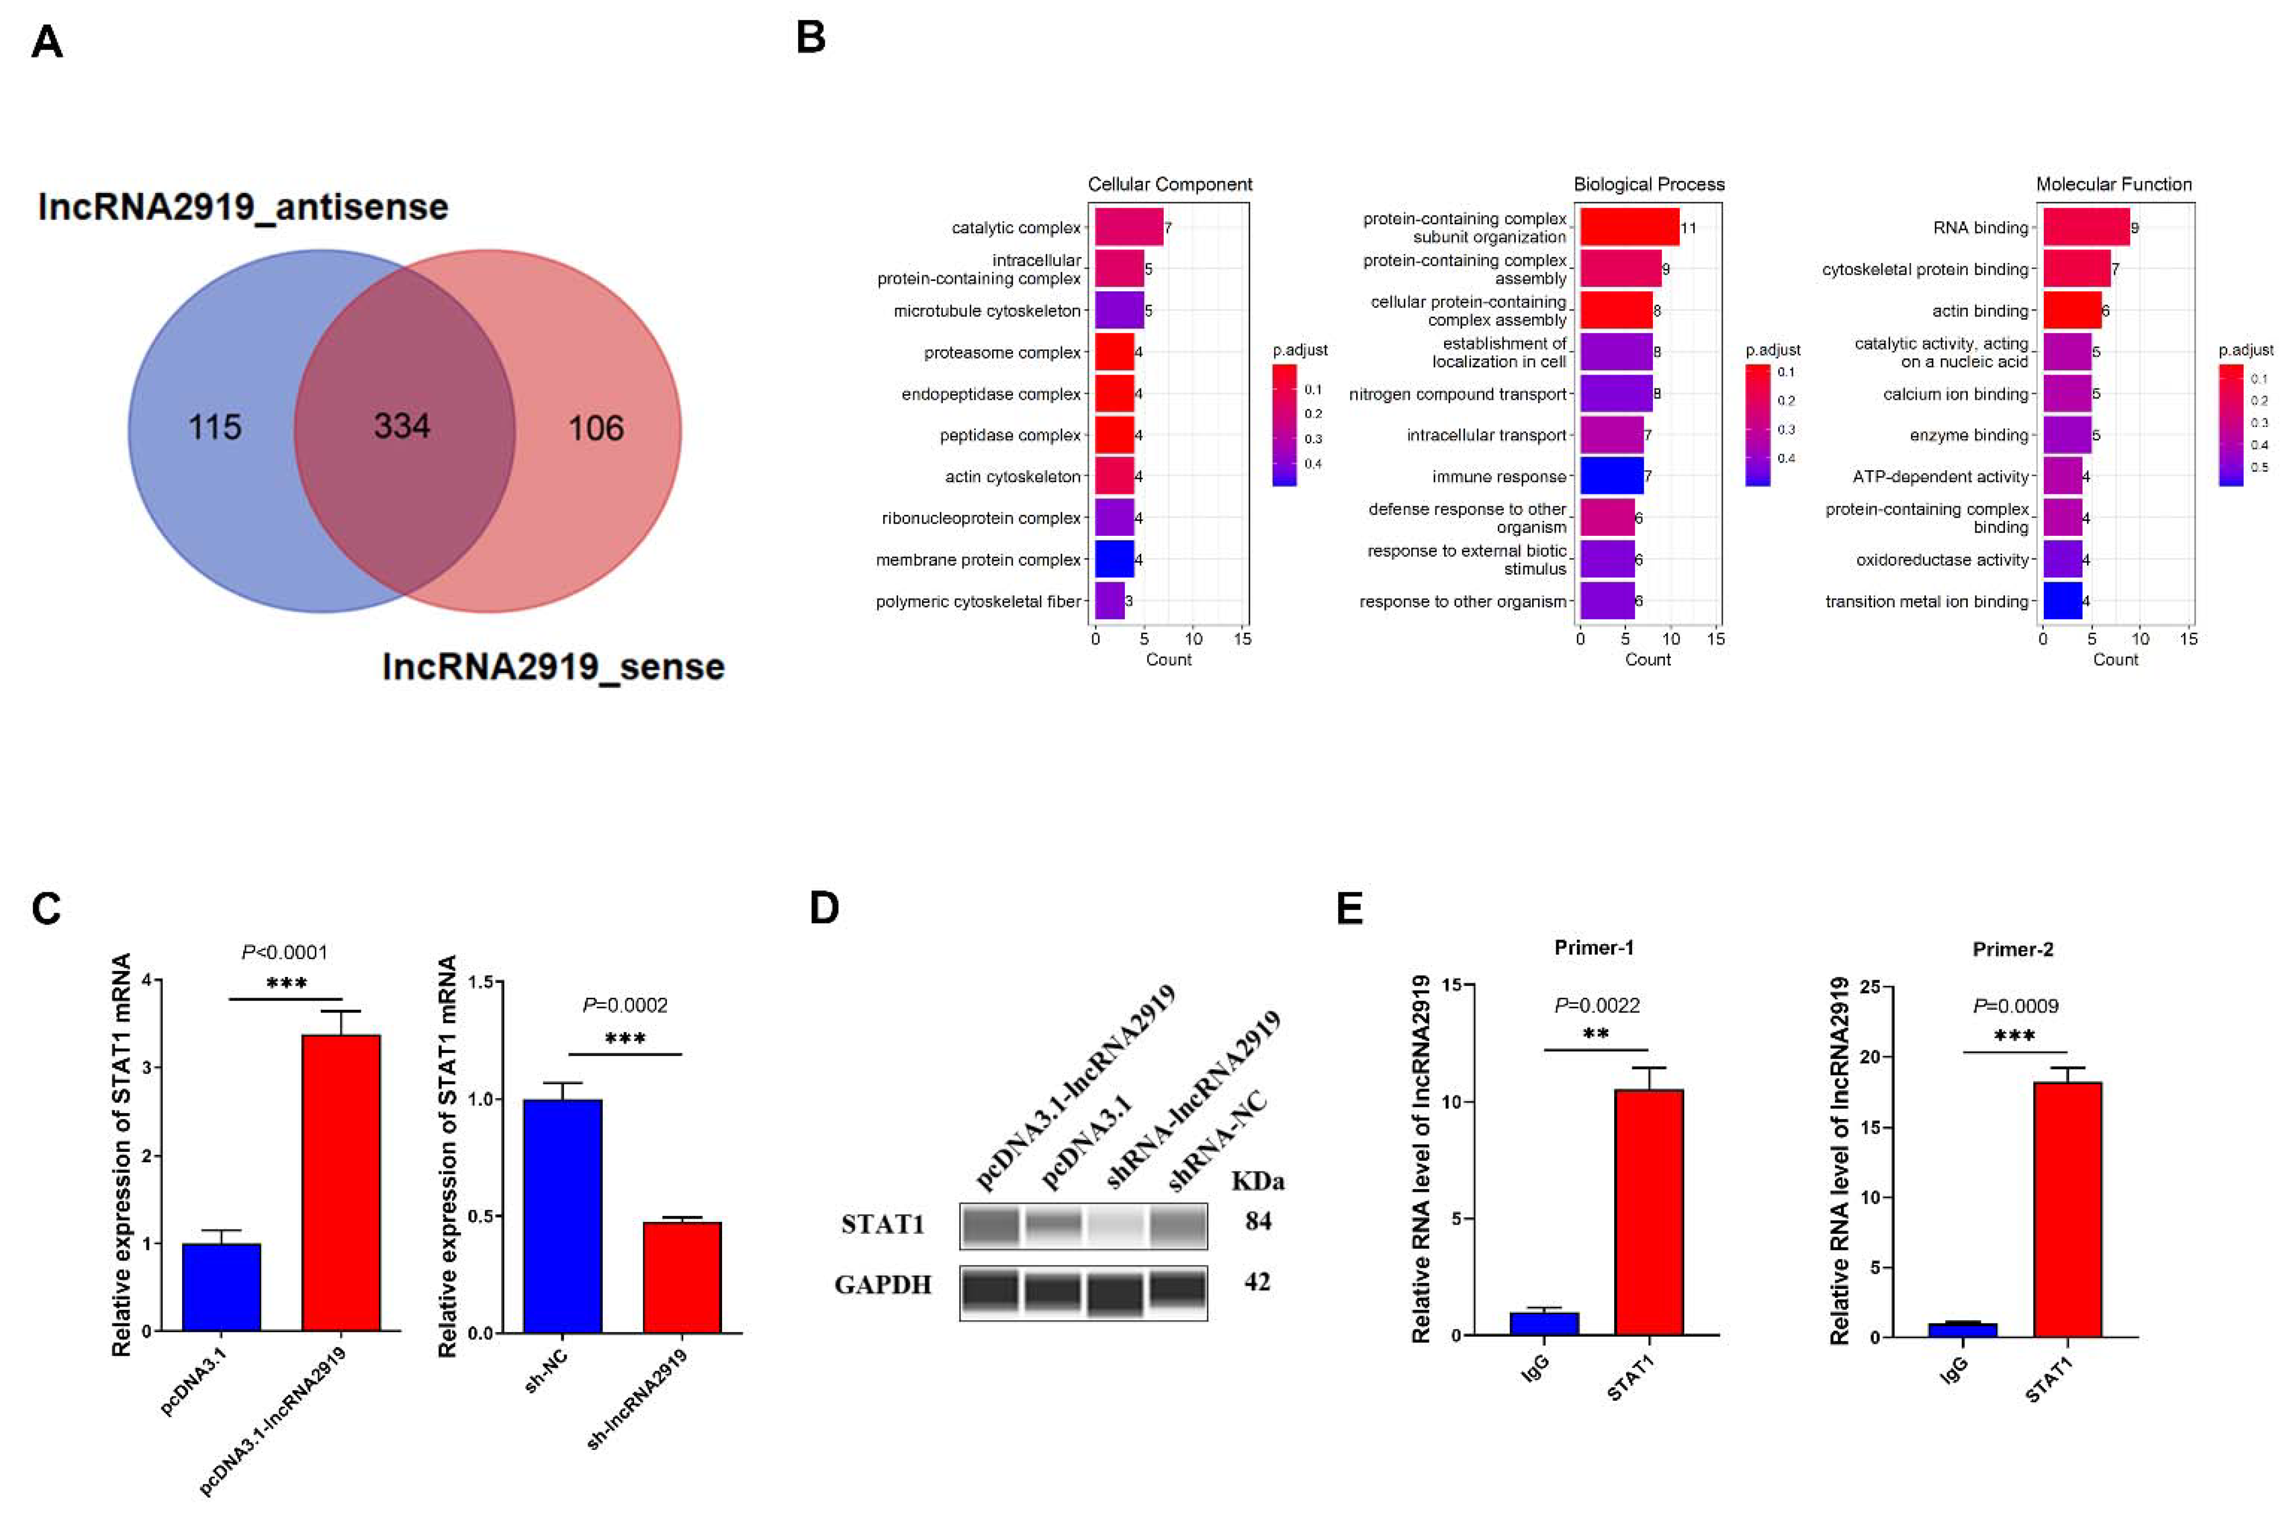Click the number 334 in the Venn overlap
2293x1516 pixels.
[402, 426]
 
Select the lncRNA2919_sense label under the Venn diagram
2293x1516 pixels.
[553, 667]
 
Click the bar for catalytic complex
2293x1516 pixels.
[1128, 227]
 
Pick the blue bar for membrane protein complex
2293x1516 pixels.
[1113, 559]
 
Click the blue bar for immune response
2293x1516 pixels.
[1611, 476]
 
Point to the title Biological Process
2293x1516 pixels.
[1648, 184]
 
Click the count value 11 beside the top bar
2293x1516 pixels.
[1688, 228]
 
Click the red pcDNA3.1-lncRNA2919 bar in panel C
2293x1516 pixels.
[341, 1181]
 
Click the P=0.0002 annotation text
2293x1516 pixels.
[624, 1005]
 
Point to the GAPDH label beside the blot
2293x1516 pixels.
[883, 1284]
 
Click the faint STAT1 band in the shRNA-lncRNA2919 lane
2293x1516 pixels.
[1116, 1226]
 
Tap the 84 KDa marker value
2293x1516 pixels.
[1258, 1221]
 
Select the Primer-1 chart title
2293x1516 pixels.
[1593, 947]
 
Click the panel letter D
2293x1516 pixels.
[824, 908]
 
